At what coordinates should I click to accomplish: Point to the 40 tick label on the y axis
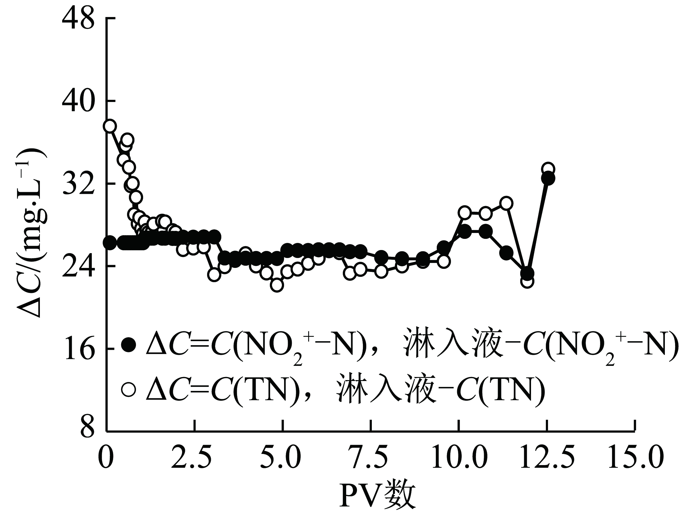pyautogui.click(x=78, y=102)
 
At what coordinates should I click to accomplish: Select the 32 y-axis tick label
pyautogui.click(x=78, y=184)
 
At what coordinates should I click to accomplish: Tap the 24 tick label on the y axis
pyautogui.click(x=78, y=266)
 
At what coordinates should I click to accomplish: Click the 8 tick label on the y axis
pyautogui.click(x=86, y=431)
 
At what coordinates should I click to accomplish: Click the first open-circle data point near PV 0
pyautogui.click(x=110, y=126)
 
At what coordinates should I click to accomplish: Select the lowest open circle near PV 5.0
pyautogui.click(x=277, y=285)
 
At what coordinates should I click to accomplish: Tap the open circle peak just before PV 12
pyautogui.click(x=506, y=203)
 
